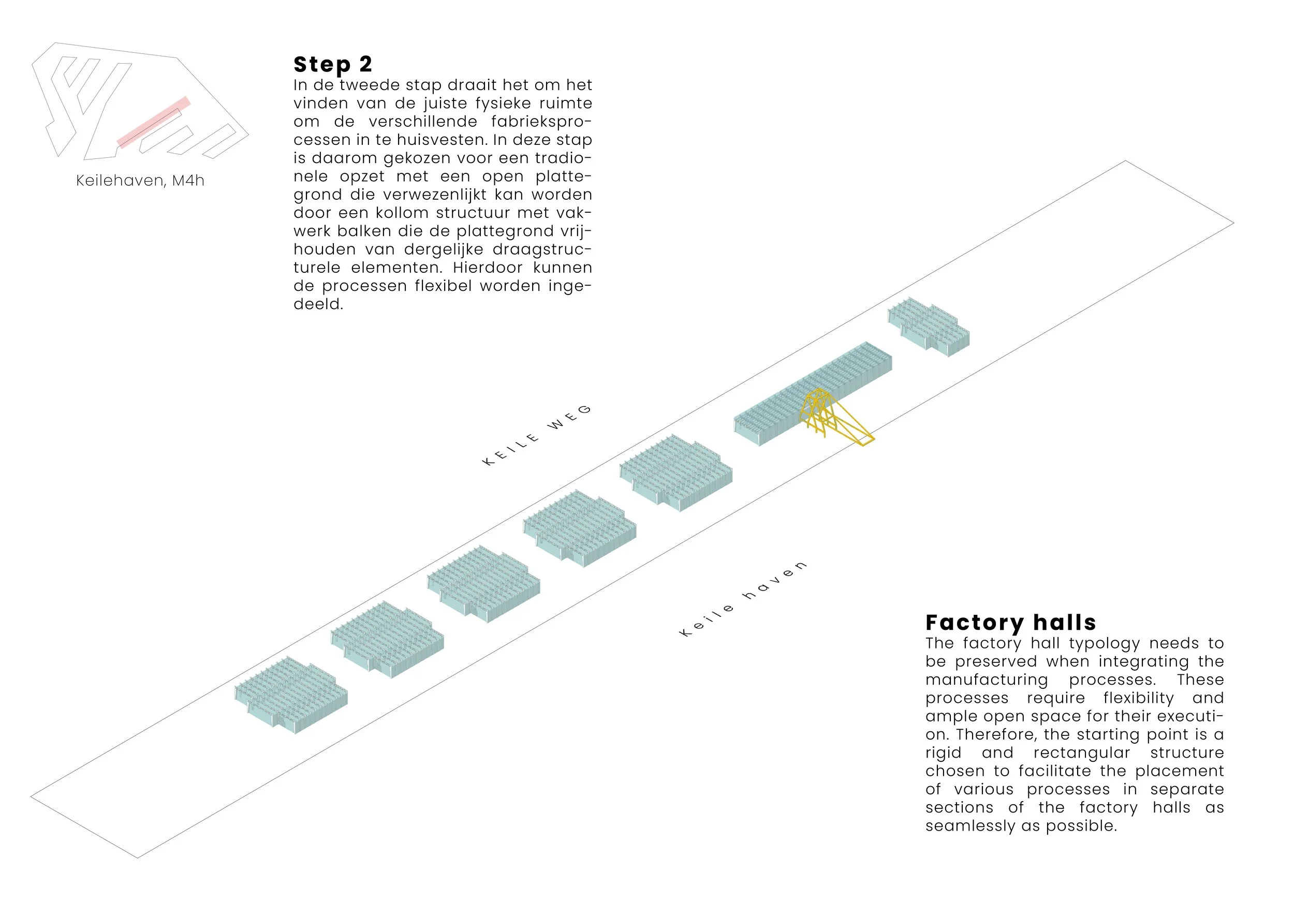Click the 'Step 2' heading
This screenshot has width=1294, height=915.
click(x=332, y=65)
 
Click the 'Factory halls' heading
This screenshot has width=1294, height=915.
click(x=1010, y=623)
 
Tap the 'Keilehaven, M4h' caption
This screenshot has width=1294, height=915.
click(x=140, y=181)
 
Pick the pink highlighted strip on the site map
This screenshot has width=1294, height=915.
click(x=153, y=122)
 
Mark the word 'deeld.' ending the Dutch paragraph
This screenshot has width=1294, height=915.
click(x=318, y=305)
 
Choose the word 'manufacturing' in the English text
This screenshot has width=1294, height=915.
click(x=986, y=680)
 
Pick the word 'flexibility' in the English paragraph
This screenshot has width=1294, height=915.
click(x=1138, y=699)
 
